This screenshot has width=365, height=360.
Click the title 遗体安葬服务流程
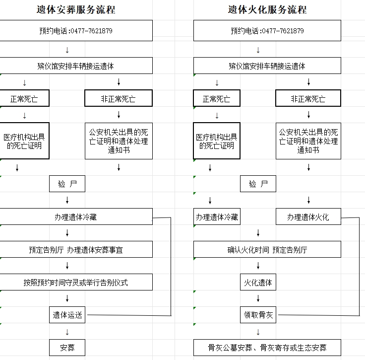[x=76, y=10]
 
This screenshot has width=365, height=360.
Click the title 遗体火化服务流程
[x=267, y=10]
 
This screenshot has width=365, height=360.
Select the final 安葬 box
[x=67, y=348]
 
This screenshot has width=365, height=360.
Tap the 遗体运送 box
[x=67, y=315]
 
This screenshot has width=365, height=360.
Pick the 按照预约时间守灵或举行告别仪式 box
[x=76, y=282]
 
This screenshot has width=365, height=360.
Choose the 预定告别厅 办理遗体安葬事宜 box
[x=76, y=249]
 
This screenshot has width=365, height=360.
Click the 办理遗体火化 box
[x=308, y=216]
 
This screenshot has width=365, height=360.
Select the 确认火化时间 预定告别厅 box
[x=267, y=249]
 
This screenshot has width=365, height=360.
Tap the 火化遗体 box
[x=258, y=282]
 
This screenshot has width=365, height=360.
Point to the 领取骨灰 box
[x=258, y=315]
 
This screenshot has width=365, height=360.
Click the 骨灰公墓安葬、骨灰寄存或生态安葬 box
[x=267, y=348]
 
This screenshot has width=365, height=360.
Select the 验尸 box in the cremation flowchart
[x=258, y=184]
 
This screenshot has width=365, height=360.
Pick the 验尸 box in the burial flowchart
[x=67, y=184]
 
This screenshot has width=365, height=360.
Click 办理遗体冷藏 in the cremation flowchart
[x=217, y=216]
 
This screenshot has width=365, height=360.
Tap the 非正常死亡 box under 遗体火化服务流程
[x=308, y=98]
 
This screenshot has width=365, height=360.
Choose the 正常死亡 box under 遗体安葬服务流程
[x=24, y=98]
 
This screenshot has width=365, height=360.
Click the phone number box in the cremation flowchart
[x=267, y=30]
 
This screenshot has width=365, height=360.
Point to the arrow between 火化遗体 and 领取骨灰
[x=258, y=298]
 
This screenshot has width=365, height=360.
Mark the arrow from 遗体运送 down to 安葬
[x=67, y=332]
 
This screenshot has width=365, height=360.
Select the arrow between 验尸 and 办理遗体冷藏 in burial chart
[x=67, y=200]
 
